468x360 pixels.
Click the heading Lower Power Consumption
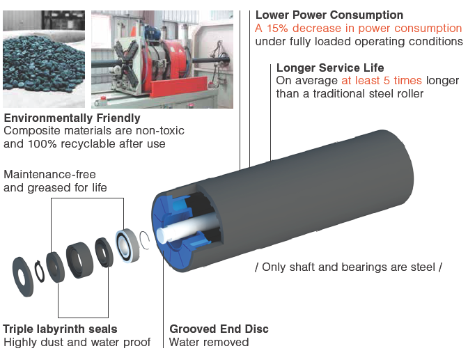point(329,15)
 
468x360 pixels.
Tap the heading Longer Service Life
point(330,68)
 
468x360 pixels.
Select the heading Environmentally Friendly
point(72,118)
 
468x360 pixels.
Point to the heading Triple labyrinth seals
point(60,329)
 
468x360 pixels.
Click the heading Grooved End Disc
point(219,329)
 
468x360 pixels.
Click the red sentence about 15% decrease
point(358,28)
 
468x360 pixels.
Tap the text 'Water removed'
point(209,342)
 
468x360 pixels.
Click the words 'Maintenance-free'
point(49,173)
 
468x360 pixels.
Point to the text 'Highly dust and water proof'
point(77,342)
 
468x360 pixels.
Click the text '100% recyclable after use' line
point(84,144)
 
